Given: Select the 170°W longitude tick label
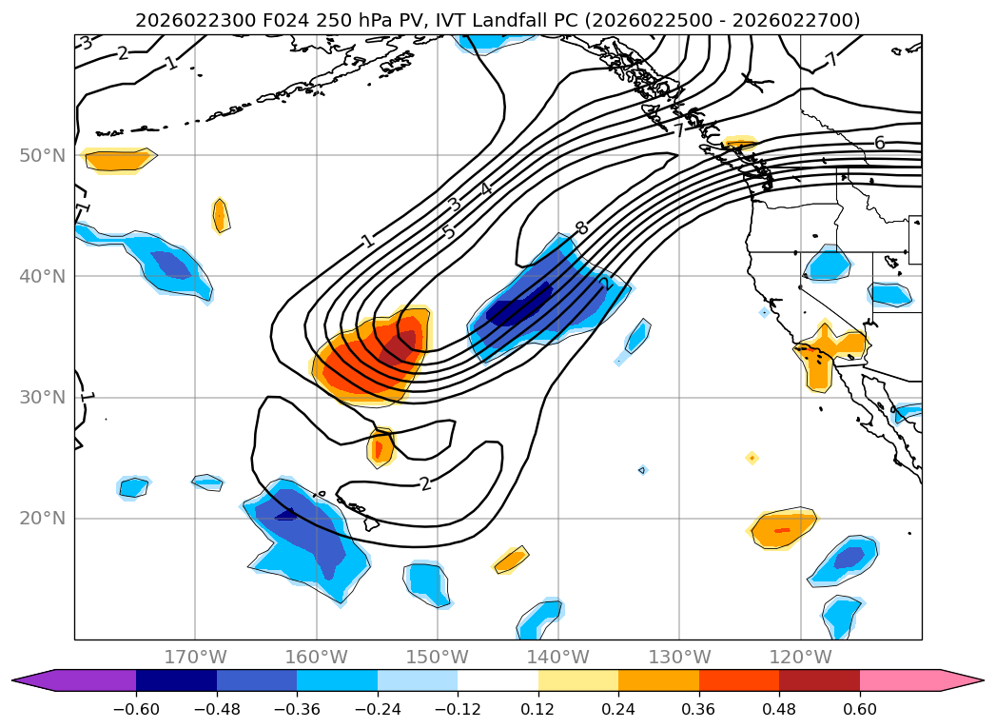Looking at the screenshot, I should tap(196, 657).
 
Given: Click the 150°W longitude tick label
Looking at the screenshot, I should tap(438, 657).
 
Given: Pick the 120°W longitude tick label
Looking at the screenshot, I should tap(801, 657).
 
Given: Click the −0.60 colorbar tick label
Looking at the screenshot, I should tap(136, 708).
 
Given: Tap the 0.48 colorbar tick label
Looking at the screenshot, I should tap(779, 708).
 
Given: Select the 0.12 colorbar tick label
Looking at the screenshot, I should tap(538, 708).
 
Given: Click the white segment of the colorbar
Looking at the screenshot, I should tap(498, 679).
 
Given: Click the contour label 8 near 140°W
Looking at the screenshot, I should tap(580, 228).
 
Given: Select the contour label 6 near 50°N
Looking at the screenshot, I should tap(879, 143).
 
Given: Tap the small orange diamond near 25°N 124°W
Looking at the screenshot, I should tap(752, 458).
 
